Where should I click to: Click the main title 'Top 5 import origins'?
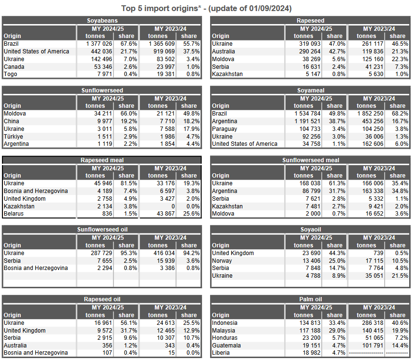pyautogui.click(x=160, y=9)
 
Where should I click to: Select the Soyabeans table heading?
pyautogui.click(x=102, y=21)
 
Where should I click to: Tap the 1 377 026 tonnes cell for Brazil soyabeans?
pyautogui.click(x=99, y=44)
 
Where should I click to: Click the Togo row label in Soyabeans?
pyautogui.click(x=10, y=74)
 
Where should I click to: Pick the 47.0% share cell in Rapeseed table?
pyautogui.click(x=337, y=44)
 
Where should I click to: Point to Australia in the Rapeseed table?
pyautogui.click(x=224, y=51)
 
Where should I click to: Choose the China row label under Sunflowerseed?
pyautogui.click(x=12, y=121)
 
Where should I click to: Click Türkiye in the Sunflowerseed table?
pyautogui.click(x=13, y=136)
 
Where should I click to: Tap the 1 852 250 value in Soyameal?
pyautogui.click(x=370, y=114)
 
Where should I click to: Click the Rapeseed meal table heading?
pyautogui.click(x=102, y=160)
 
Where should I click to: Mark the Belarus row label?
pyautogui.click(x=13, y=214)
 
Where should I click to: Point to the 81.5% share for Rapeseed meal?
pyautogui.click(x=129, y=183)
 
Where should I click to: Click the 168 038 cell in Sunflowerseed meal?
pyautogui.click(x=310, y=183)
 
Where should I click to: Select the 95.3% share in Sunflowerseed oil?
pyautogui.click(x=129, y=253)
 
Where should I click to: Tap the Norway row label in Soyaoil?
pyautogui.click(x=222, y=261)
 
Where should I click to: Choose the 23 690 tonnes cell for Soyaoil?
pyautogui.click(x=311, y=253)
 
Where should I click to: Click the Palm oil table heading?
pyautogui.click(x=311, y=299)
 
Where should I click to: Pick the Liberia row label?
pyautogui.click(x=221, y=353)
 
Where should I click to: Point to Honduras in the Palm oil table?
pyautogui.click(x=225, y=337)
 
